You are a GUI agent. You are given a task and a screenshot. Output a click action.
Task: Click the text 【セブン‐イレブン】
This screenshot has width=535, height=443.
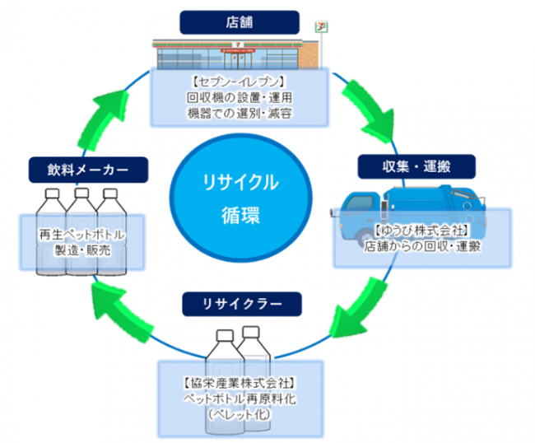pos(239,82)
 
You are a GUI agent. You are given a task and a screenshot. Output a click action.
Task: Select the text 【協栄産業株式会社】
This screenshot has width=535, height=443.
pos(239,383)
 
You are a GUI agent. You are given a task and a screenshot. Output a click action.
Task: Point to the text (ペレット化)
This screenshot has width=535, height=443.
pos(239,414)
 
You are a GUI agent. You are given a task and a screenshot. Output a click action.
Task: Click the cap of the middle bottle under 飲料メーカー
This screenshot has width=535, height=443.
pos(81,191)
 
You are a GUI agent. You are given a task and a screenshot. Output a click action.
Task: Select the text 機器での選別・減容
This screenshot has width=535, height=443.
pos(239,112)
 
